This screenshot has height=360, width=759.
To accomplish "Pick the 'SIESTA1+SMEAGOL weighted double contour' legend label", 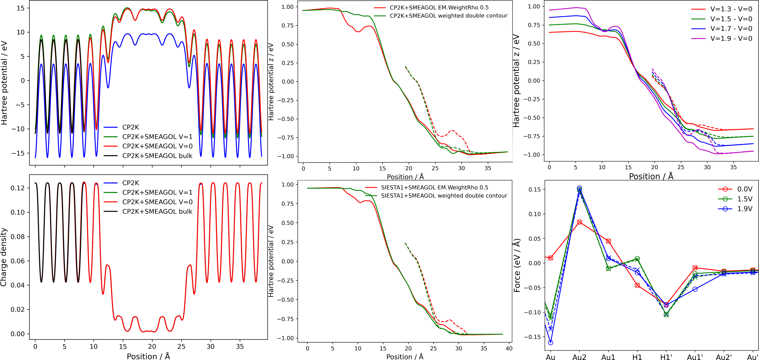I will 444,196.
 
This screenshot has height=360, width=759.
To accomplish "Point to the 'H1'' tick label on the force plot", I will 666,357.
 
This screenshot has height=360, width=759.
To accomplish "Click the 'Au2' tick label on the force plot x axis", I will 579,357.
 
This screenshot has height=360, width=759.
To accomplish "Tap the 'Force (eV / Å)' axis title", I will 517,265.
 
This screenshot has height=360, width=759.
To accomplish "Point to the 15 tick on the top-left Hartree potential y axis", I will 21,8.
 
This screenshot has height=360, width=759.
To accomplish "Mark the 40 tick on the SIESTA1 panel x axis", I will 509,348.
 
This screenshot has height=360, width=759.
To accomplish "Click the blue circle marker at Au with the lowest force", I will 550,343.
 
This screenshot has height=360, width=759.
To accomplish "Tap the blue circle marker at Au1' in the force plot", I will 695,289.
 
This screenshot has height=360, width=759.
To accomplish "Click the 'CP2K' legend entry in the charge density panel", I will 131,183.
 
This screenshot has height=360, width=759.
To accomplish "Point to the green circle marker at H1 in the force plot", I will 637,258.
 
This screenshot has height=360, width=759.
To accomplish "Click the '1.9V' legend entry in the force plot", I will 744,209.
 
